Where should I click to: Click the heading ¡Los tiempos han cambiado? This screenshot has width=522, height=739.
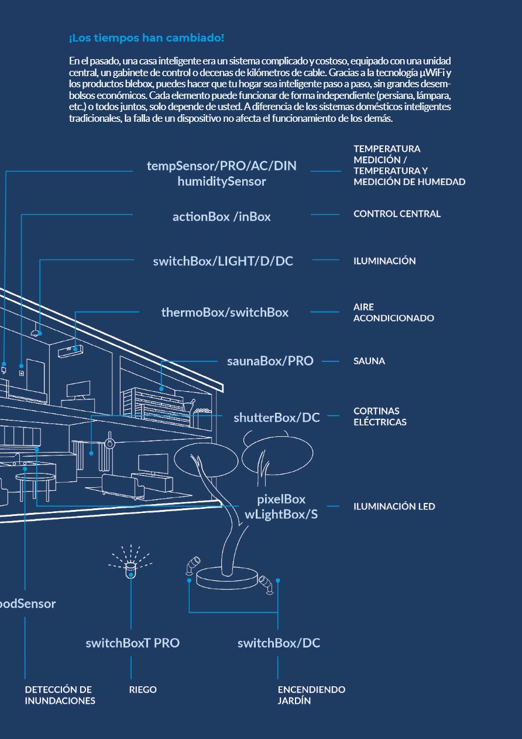(x=146, y=39)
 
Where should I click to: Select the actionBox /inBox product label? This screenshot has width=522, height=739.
(x=221, y=217)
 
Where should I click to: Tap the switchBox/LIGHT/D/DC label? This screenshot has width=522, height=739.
(x=223, y=261)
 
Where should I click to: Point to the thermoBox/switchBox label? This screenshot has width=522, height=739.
(x=225, y=313)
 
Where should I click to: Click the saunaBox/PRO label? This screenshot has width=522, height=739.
(x=270, y=361)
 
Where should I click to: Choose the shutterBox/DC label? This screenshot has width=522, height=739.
(x=276, y=418)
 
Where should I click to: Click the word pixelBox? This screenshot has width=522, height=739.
(x=281, y=499)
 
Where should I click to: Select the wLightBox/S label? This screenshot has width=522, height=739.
(x=281, y=515)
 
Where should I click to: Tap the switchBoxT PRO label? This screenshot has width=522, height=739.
(x=132, y=643)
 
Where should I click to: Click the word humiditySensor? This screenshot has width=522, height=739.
(x=222, y=182)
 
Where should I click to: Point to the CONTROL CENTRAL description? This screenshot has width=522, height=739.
(x=397, y=214)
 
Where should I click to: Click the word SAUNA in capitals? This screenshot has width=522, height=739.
(x=369, y=361)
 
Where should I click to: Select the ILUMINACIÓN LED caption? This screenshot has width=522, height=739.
(x=394, y=507)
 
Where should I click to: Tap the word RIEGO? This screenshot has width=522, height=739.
(x=143, y=690)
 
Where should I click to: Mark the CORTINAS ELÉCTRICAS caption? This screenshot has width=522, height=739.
(x=379, y=416)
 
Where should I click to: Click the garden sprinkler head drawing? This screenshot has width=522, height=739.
(x=131, y=568)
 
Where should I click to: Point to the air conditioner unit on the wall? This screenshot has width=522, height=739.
(x=72, y=350)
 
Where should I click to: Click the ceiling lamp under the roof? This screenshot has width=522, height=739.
(x=36, y=333)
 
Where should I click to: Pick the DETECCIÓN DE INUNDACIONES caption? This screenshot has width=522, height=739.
(x=60, y=695)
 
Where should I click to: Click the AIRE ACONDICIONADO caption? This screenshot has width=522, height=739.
(x=393, y=313)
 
